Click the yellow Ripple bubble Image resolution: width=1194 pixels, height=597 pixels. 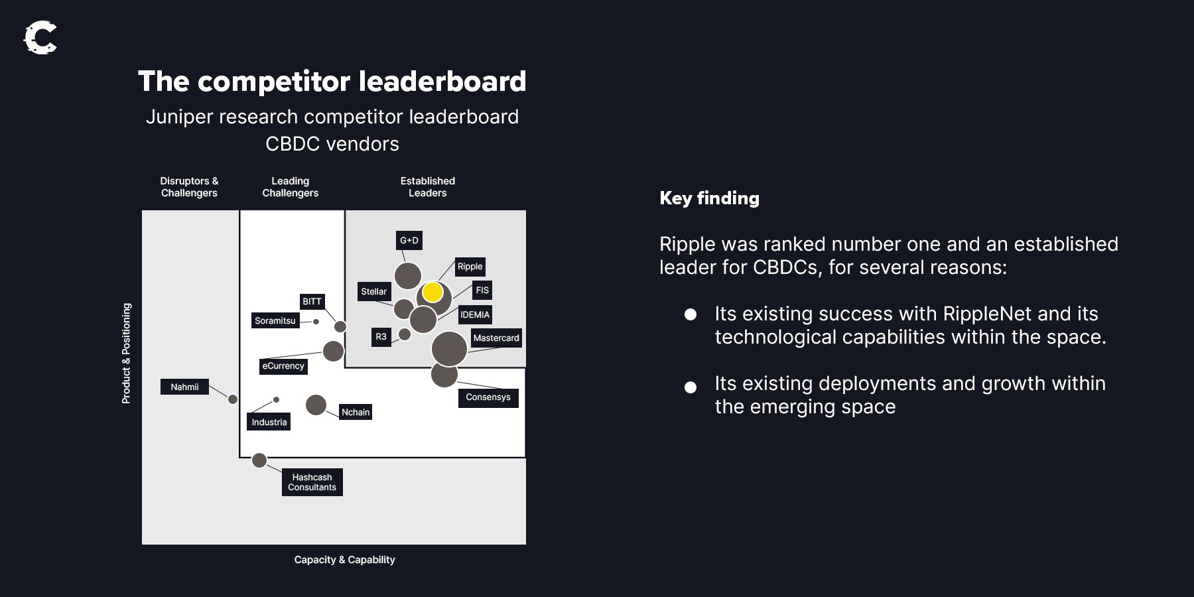click(432, 292)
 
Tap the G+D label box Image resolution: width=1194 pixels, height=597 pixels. click(409, 240)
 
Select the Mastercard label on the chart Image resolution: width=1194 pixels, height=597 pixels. click(496, 338)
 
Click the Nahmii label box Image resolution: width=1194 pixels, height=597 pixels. click(184, 387)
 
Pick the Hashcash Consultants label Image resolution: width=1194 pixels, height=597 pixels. click(312, 482)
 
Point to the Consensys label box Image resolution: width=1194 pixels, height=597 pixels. click(488, 397)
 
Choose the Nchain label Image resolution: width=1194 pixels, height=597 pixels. click(356, 412)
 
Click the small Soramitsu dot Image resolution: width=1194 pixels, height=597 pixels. click(316, 322)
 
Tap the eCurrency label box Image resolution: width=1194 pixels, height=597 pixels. click(283, 365)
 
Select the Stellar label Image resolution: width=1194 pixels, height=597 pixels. click(374, 291)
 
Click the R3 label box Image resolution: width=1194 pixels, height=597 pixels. click(381, 337)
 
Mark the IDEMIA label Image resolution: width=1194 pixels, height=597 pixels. click(475, 314)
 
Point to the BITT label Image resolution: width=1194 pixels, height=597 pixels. click(312, 301)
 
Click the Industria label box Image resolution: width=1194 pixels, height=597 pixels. click(269, 422)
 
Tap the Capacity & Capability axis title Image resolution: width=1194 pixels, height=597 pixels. click(345, 560)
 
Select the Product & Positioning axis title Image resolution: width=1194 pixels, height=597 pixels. click(126, 353)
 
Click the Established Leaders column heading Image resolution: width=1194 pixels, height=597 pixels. click(428, 187)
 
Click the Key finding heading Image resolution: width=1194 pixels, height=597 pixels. click(709, 198)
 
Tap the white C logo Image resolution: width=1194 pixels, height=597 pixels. click(40, 38)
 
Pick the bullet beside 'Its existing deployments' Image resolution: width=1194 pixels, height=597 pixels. click(691, 387)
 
